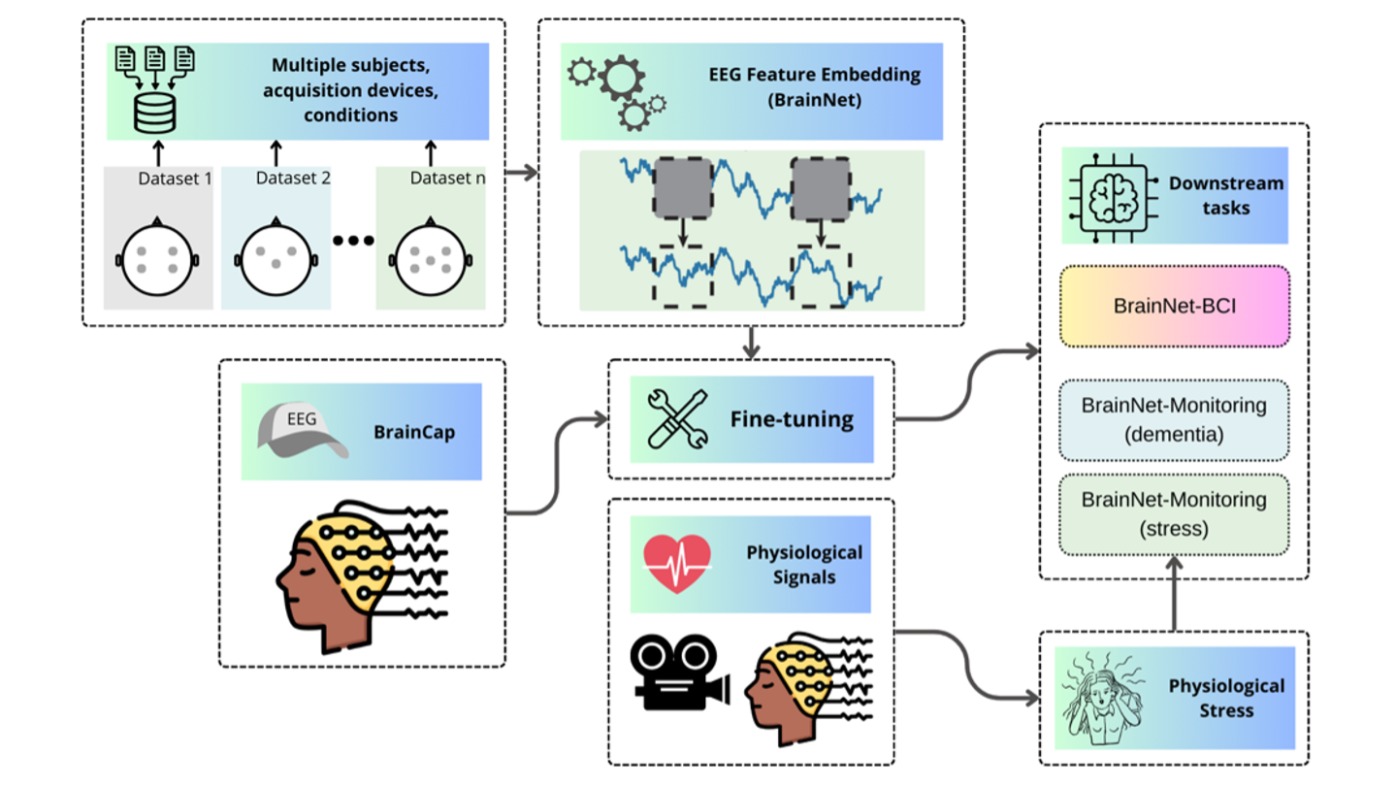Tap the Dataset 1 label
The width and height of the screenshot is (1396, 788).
[175, 179]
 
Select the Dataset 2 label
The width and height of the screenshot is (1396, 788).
[293, 179]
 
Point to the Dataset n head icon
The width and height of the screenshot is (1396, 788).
[431, 260]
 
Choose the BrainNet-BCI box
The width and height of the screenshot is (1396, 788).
[1174, 306]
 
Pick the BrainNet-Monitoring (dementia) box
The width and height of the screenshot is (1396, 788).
[1174, 419]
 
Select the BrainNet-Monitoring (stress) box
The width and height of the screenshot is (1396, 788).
[1174, 514]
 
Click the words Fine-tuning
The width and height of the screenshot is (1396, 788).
[792, 419]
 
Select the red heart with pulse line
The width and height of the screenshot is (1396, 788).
[677, 563]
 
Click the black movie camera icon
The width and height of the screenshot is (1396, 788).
[679, 672]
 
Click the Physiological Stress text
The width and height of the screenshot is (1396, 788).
[1226, 698]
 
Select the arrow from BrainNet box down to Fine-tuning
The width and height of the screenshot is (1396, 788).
[752, 342]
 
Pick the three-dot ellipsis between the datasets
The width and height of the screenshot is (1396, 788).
[353, 240]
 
